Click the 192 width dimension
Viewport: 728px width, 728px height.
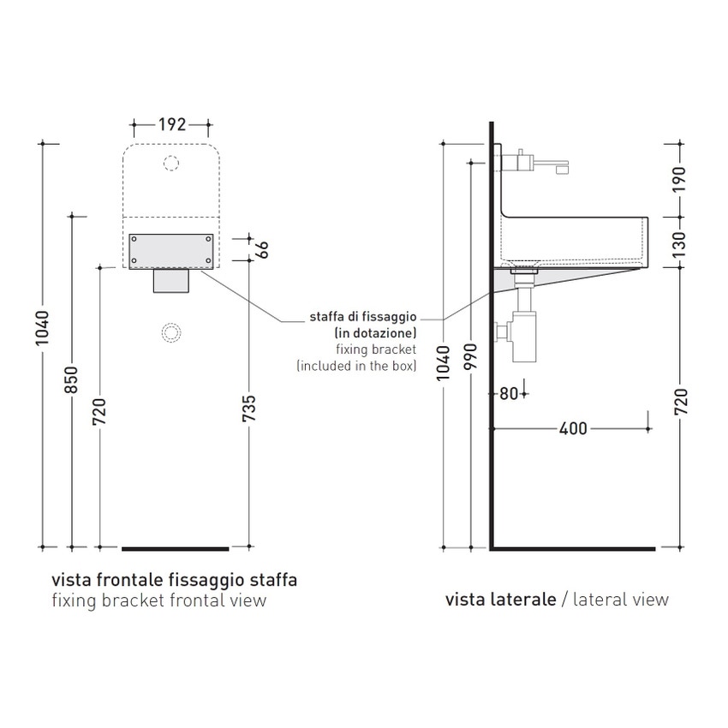(172, 125)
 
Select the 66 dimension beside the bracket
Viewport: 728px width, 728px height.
(263, 249)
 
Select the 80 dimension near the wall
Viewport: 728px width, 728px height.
(509, 394)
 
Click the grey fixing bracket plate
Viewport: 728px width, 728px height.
(170, 250)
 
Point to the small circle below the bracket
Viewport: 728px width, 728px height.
(171, 331)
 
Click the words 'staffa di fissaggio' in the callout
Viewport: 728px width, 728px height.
(362, 318)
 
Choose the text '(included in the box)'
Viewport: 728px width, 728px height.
(356, 366)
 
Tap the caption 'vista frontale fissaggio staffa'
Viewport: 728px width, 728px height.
(175, 580)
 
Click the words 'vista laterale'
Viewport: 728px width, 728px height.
(500, 600)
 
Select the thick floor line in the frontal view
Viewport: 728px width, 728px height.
(176, 547)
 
